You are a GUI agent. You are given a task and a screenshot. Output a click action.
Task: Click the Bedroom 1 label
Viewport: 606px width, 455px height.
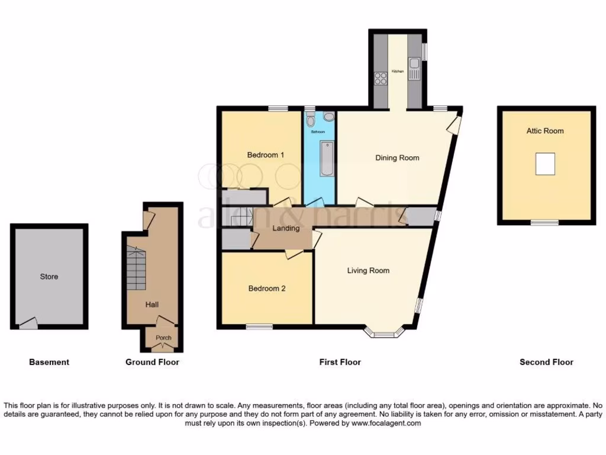tap(266, 155)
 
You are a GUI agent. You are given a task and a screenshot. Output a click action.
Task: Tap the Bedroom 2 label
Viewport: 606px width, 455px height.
tap(267, 289)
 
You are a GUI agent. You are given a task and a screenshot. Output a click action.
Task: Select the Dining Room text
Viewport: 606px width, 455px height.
tap(397, 158)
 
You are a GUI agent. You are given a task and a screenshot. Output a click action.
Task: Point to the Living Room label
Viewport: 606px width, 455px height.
tap(368, 271)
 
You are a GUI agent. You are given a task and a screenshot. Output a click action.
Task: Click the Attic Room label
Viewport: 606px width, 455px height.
tap(545, 131)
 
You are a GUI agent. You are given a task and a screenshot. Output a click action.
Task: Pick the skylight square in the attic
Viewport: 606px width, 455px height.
tap(545, 164)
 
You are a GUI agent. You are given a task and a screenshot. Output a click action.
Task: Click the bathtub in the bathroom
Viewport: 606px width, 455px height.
tap(327, 158)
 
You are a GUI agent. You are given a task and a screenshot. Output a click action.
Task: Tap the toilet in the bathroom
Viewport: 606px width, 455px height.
tap(311, 121)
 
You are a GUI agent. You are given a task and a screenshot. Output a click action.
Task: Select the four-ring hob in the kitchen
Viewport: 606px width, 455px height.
tap(381, 78)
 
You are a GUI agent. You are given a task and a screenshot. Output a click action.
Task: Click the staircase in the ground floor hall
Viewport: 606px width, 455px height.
tap(136, 270)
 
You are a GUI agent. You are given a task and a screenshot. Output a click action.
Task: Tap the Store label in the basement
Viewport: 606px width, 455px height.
tap(49, 277)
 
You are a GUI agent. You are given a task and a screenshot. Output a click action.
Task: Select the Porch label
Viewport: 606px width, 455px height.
tap(163, 338)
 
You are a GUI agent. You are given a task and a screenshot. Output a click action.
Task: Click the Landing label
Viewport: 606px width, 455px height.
tap(286, 229)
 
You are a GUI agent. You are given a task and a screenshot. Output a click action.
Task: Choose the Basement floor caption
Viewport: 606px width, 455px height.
tap(49, 362)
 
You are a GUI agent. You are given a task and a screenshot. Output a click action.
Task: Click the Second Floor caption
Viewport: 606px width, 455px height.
tap(546, 362)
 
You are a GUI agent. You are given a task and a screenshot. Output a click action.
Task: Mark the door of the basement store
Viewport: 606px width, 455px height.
tap(28, 323)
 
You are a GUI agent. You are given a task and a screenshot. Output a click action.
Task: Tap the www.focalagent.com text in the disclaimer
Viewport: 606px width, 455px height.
tap(388, 424)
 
